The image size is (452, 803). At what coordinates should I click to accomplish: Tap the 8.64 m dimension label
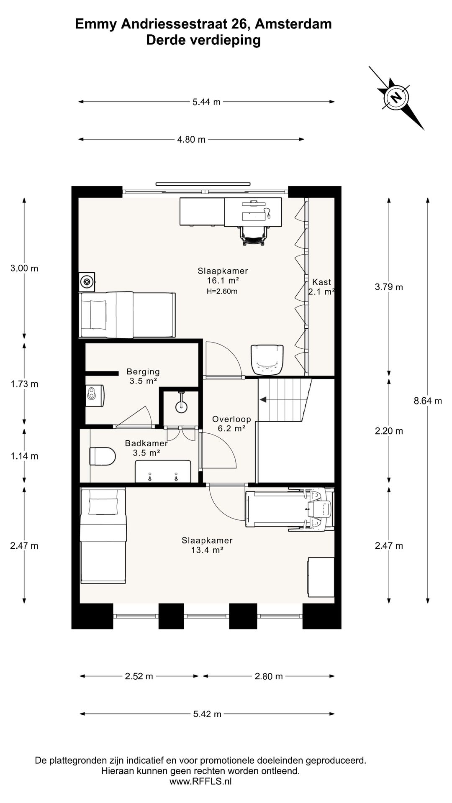coord(428,401)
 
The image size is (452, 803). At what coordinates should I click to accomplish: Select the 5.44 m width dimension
coord(206,102)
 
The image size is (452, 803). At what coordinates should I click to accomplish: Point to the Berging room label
coord(143,371)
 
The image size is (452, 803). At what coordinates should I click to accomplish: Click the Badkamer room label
coord(146,443)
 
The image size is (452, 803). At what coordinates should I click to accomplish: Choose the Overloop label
coord(231,419)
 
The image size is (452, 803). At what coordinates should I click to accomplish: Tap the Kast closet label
coord(321,282)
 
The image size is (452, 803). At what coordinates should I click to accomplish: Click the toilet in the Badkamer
coord(103,456)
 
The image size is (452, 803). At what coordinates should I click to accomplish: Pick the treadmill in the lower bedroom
coord(290,509)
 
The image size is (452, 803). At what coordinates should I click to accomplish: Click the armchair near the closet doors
coord(267,359)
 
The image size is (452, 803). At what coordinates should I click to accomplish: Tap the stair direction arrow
coord(264,400)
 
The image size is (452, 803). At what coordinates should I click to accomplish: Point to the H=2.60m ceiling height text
coord(222,291)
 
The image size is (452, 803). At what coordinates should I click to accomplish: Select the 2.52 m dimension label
coord(139,676)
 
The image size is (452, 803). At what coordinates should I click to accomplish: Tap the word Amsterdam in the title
coord(293,24)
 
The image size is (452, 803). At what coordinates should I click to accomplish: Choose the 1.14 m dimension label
coord(24,456)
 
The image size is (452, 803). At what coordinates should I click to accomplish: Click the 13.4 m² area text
coord(207,550)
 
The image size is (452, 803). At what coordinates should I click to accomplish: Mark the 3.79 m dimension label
coord(389,287)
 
